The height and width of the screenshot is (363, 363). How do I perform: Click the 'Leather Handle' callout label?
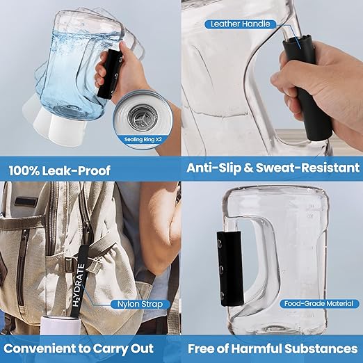click(x=241, y=24)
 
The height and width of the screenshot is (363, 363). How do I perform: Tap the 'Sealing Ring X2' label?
click(x=143, y=140)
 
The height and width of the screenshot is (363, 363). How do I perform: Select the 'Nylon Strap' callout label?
click(x=140, y=304)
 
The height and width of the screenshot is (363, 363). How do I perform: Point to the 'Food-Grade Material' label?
click(x=318, y=303)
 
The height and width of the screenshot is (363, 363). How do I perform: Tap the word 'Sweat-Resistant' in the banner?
click(x=307, y=168)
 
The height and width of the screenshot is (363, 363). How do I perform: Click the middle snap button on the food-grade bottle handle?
click(x=220, y=269)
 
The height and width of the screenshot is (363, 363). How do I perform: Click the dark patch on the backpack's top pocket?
click(x=26, y=202)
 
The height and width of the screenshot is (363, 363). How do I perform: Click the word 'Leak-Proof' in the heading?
click(x=76, y=171)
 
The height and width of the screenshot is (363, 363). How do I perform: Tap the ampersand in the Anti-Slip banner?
click(x=248, y=168)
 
